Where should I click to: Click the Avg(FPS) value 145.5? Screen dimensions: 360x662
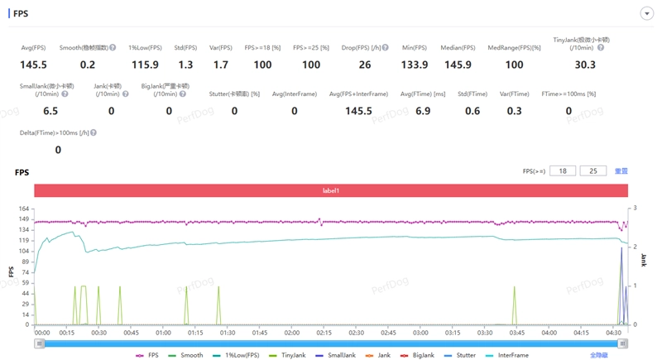(x=33, y=65)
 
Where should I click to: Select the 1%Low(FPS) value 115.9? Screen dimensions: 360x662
(x=145, y=65)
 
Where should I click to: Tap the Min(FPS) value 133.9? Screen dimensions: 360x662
(x=414, y=65)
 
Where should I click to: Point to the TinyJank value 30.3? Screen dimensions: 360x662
(x=585, y=65)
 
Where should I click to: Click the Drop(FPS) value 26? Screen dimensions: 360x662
(x=365, y=65)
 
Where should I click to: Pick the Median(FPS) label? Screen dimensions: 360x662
(x=458, y=48)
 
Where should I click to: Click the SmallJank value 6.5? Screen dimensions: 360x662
(x=50, y=111)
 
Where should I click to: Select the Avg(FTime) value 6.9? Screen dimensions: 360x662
(x=423, y=111)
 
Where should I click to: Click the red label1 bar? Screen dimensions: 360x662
(x=331, y=191)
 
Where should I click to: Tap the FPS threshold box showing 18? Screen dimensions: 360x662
(x=563, y=171)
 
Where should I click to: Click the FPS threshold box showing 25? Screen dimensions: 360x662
(x=592, y=171)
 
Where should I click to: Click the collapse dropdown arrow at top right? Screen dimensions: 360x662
(x=647, y=14)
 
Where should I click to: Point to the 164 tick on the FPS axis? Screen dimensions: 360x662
(x=24, y=209)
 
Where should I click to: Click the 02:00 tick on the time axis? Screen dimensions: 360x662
(x=291, y=333)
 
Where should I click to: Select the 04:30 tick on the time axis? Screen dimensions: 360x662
(x=613, y=333)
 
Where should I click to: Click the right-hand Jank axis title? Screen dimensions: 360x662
(x=644, y=260)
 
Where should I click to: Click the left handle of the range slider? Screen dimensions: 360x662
(x=39, y=343)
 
